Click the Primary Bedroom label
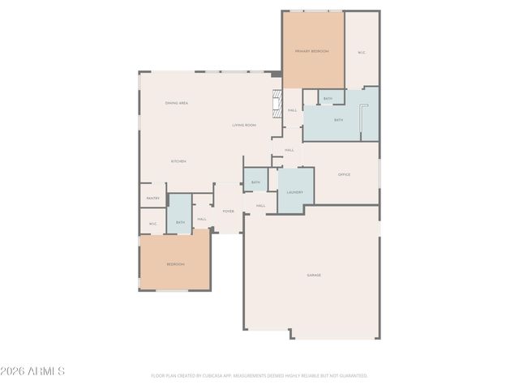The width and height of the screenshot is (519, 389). pyautogui.click(x=312, y=51)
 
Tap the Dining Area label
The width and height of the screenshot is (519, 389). pyautogui.click(x=177, y=103)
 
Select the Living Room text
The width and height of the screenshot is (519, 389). pyautogui.click(x=244, y=125)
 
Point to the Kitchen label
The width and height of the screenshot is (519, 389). pyautogui.click(x=178, y=161)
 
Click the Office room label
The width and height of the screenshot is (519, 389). pyautogui.click(x=344, y=174)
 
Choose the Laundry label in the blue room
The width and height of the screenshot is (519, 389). pyautogui.click(x=294, y=192)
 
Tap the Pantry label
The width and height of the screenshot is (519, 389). pyautogui.click(x=152, y=198)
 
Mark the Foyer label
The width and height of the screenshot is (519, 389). pyautogui.click(x=229, y=211)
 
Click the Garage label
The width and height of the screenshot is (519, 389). pyautogui.click(x=314, y=275)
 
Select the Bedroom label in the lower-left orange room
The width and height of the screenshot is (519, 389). pyautogui.click(x=175, y=264)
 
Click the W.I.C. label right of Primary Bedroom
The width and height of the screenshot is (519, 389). pyautogui.click(x=362, y=53)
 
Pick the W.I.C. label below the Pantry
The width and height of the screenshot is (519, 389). pyautogui.click(x=152, y=222)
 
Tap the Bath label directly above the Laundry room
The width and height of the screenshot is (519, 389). pyautogui.click(x=255, y=182)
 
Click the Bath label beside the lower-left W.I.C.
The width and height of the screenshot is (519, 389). pyautogui.click(x=180, y=222)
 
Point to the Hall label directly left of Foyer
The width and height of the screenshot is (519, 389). pyautogui.click(x=202, y=218)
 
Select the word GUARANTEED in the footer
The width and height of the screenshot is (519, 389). pyautogui.click(x=350, y=376)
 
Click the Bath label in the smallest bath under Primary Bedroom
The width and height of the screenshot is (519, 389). pyautogui.click(x=328, y=99)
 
